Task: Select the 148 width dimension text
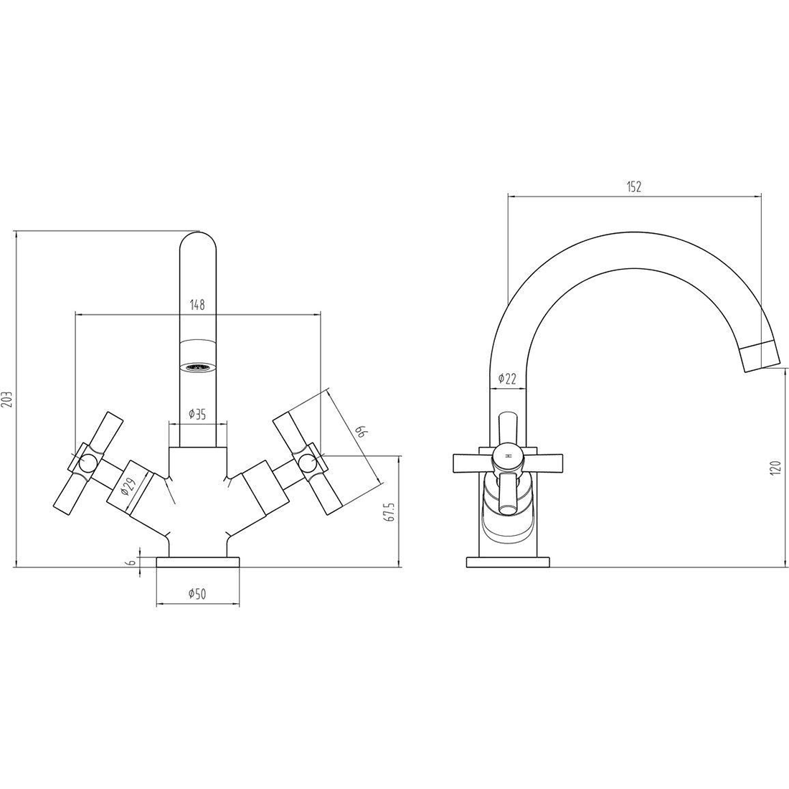[197, 304]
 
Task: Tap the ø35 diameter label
[197, 414]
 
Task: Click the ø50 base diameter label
[197, 595]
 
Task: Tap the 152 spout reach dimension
[634, 186]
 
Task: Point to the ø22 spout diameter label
[507, 379]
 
